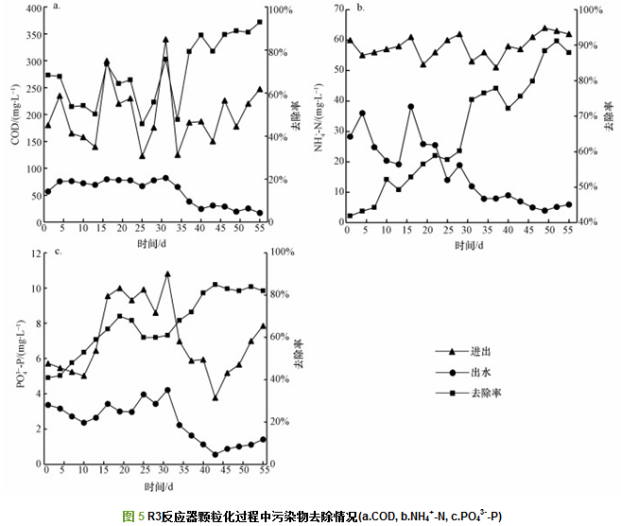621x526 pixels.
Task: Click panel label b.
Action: (359, 7)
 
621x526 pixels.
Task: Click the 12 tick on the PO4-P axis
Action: (33, 253)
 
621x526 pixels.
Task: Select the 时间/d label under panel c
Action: (158, 485)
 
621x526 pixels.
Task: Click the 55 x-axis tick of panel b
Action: (570, 232)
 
